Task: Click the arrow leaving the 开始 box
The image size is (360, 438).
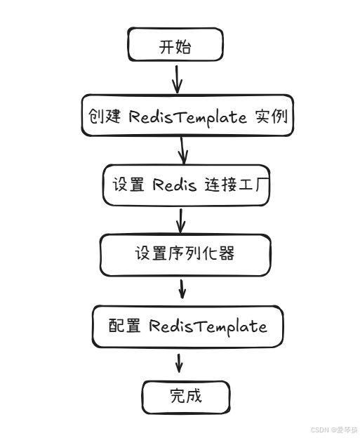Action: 177,79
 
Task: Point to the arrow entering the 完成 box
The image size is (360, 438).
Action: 179,363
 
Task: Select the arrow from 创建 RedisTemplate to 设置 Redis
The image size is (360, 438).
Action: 182,150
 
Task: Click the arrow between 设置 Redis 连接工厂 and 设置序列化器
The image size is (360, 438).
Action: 180,220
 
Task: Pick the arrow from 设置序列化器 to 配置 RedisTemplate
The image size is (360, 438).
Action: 182,289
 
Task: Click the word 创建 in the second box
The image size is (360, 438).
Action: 105,116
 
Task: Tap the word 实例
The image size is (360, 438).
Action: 271,116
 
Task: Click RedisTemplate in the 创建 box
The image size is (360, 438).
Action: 187,117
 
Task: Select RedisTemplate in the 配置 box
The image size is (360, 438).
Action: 208,326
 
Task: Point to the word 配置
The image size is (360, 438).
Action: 125,325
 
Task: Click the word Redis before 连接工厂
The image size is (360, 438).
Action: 175,185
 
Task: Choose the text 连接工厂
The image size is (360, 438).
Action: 236,185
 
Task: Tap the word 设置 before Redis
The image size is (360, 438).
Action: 128,185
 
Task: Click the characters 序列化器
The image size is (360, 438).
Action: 201,253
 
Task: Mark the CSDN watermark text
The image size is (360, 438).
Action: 334,430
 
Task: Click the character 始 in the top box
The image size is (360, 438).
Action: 183,46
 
